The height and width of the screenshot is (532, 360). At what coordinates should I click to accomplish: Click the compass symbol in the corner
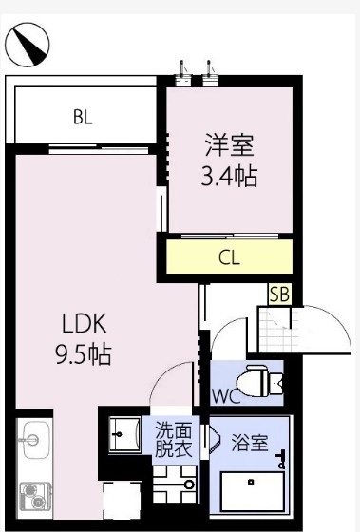[x=28, y=44]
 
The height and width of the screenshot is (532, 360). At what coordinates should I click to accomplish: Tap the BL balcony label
[x=84, y=118]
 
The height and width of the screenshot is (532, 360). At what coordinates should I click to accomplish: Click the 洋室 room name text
[x=229, y=147]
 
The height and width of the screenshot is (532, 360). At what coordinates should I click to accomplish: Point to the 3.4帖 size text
[x=229, y=176]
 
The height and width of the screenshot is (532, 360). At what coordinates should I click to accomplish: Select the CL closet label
[x=229, y=256]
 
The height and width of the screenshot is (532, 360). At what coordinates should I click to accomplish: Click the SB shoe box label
[x=279, y=294]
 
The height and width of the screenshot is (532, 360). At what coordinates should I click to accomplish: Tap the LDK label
[x=84, y=323]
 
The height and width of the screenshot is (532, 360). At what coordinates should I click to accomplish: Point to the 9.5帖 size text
[x=84, y=355]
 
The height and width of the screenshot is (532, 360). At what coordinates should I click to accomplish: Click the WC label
[x=223, y=395]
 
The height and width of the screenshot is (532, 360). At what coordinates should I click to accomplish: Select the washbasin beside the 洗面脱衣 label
[x=123, y=436]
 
